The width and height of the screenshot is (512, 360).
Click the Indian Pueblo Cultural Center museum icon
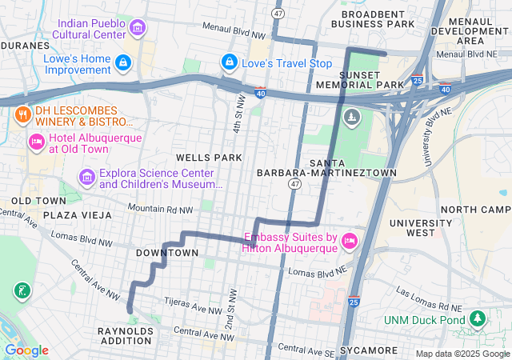point(138,30)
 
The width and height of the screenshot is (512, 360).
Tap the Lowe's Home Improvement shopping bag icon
point(122,62)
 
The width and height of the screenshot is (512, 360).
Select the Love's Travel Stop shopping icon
point(230,62)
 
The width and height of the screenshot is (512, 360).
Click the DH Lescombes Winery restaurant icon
point(22,114)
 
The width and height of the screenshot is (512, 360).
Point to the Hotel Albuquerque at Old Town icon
point(36,142)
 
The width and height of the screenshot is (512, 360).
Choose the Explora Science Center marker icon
point(86,176)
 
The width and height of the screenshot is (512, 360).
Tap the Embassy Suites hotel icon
point(349,240)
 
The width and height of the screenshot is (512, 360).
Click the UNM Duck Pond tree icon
point(478,318)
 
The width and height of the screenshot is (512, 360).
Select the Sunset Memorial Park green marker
point(351,118)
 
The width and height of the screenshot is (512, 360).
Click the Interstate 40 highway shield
point(261,94)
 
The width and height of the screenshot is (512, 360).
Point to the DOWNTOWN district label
point(166,253)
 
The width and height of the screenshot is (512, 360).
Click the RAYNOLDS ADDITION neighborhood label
point(125,335)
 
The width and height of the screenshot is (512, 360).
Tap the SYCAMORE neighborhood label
point(369,350)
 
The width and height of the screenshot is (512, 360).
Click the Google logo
point(26,350)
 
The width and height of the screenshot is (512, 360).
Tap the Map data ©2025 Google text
point(462,354)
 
